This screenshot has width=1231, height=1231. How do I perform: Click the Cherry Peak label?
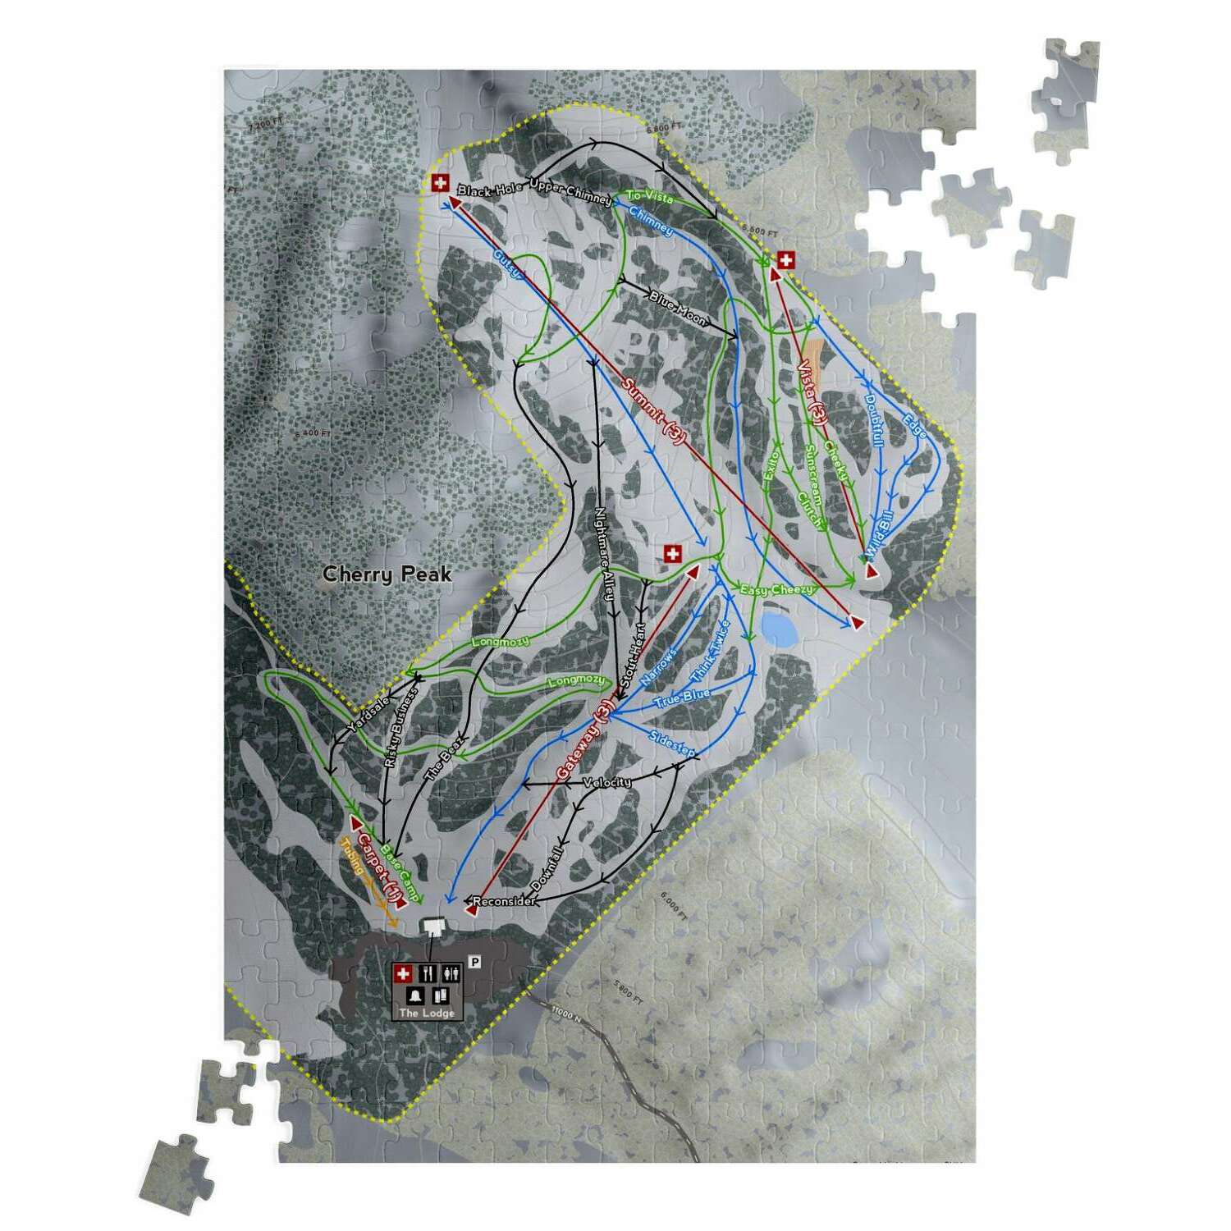click(387, 574)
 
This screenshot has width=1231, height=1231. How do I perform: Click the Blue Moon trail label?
click(677, 308)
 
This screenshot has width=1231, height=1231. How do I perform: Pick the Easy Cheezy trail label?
click(776, 589)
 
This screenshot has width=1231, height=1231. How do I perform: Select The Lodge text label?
click(427, 1013)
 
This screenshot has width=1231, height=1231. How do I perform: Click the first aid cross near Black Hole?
click(440, 183)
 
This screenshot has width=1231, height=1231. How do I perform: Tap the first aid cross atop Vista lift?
click(785, 261)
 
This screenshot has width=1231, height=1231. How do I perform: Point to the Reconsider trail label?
click(504, 901)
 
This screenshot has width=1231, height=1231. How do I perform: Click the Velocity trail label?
click(607, 782)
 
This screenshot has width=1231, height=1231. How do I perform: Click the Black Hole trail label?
click(490, 190)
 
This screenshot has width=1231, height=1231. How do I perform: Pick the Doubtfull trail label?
click(873, 420)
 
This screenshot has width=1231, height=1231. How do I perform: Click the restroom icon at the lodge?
click(451, 974)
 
